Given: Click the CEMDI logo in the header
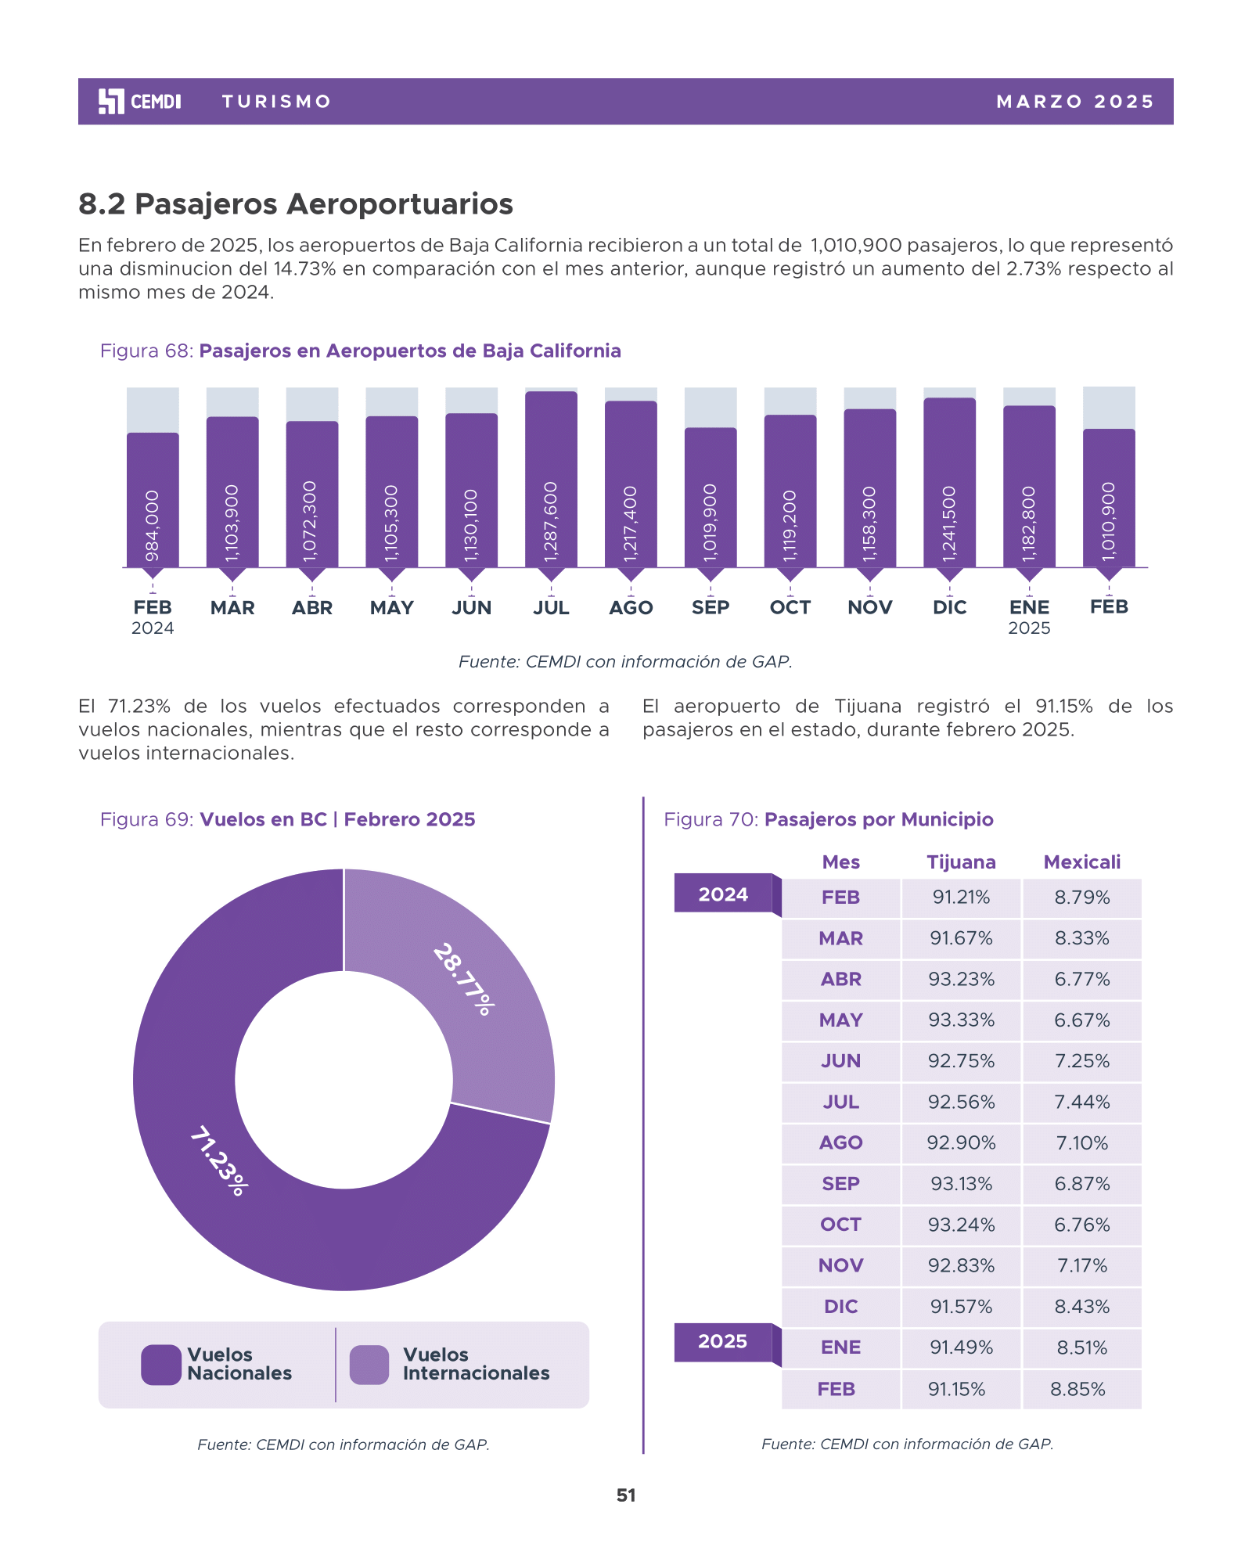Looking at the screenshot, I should [140, 102].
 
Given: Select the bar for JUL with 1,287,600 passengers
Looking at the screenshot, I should [551, 479].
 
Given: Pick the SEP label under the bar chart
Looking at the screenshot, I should [711, 607].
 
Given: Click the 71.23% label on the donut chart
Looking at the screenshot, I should [219, 1160].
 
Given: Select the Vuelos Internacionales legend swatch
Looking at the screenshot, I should [369, 1365].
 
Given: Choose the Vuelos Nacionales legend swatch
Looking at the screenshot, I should [161, 1365].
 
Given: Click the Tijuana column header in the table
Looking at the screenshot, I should [961, 862].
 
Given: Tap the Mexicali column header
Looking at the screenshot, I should [1081, 862].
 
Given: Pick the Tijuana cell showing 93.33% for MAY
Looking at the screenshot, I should [961, 1020].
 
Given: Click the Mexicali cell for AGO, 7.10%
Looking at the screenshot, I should [1081, 1143].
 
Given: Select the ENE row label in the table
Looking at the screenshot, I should [840, 1347].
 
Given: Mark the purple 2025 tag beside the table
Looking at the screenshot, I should [723, 1342].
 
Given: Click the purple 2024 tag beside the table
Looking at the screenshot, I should [723, 894].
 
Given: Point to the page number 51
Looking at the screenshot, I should [626, 1495].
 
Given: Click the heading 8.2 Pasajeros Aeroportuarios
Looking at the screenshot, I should [296, 204].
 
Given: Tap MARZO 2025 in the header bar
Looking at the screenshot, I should [1075, 102].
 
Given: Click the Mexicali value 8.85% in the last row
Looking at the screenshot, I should [1078, 1389].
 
